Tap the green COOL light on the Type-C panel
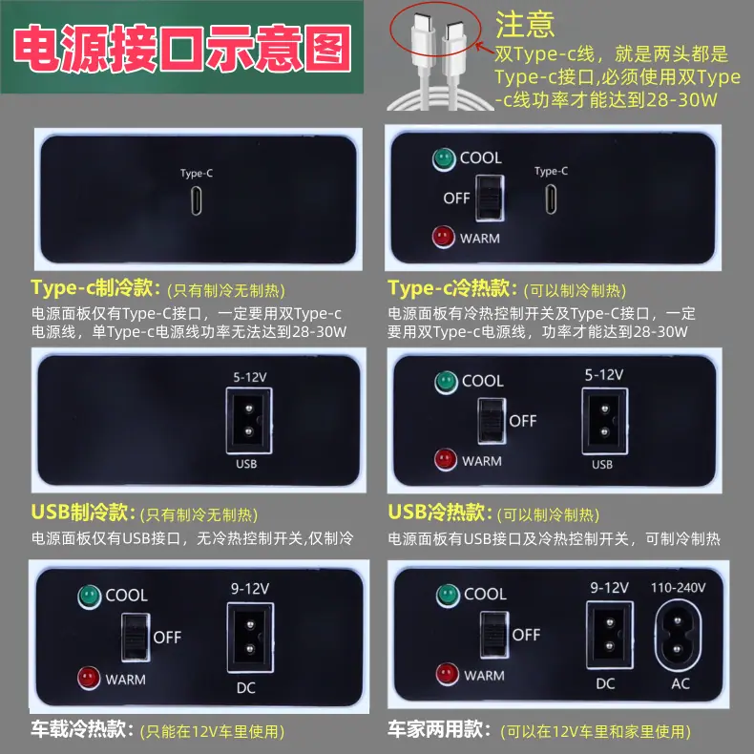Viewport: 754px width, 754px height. point(444,159)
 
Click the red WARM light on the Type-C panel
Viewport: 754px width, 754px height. point(444,237)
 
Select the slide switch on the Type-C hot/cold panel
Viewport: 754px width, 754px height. point(490,199)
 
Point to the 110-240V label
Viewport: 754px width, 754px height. point(678,587)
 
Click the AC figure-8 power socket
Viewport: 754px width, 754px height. point(678,636)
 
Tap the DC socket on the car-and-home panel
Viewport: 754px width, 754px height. point(609,635)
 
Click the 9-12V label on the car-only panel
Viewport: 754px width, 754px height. point(250,588)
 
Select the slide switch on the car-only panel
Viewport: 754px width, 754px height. point(136,638)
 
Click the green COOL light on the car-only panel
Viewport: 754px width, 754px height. point(89,597)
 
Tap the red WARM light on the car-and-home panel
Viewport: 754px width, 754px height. point(448,674)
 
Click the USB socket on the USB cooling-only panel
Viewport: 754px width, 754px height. point(249,421)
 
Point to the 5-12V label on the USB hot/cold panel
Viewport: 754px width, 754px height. point(604,374)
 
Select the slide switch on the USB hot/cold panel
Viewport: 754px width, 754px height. point(492,421)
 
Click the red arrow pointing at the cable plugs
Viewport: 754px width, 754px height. point(485,49)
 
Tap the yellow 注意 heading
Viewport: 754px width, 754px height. point(525,25)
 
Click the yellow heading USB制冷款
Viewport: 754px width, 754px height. point(79,513)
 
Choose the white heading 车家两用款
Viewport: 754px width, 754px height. point(438,729)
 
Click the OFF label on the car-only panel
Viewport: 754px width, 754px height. point(167,638)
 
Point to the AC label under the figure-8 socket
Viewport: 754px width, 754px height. point(681,683)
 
